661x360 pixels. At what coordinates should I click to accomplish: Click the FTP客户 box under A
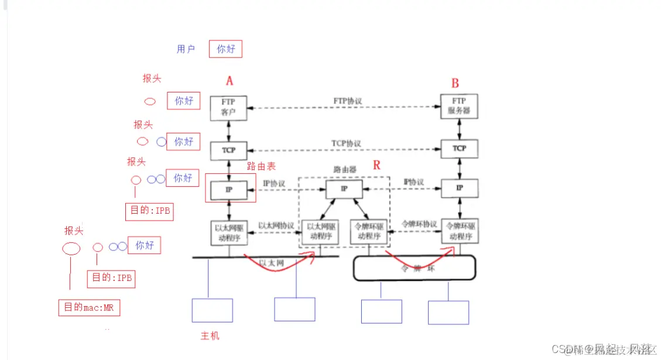(x=229, y=108)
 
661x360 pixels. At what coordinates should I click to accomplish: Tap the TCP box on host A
(x=229, y=150)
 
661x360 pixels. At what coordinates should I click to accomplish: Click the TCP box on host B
(x=459, y=149)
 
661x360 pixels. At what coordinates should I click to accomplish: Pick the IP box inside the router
(x=344, y=188)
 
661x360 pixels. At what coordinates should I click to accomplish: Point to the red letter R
(x=376, y=165)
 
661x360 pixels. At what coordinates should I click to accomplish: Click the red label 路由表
(x=260, y=166)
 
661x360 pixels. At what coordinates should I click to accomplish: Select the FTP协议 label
(x=347, y=101)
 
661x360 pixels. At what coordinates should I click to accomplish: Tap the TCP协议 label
(x=346, y=143)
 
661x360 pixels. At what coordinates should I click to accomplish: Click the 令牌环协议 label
(x=419, y=224)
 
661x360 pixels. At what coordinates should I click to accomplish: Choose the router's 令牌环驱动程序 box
(x=368, y=231)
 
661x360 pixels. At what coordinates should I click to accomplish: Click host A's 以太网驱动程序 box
(x=229, y=232)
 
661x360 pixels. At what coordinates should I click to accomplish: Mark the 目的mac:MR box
(x=89, y=307)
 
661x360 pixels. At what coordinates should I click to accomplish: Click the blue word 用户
(x=186, y=49)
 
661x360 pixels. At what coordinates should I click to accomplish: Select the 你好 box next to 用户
(x=225, y=49)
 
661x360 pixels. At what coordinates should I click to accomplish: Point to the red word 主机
(x=210, y=336)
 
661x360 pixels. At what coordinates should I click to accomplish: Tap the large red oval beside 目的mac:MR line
(x=71, y=248)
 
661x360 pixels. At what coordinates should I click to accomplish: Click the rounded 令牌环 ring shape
(x=413, y=268)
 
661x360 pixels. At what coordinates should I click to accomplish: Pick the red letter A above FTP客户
(x=229, y=81)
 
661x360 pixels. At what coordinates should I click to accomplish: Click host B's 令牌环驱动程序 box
(x=460, y=231)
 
